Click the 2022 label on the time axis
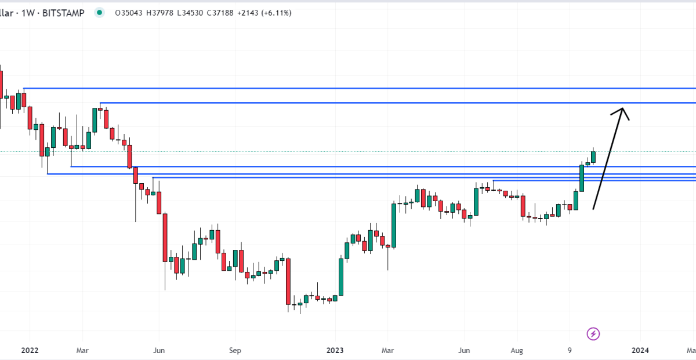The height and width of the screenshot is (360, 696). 30,350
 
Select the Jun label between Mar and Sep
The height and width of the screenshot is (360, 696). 159,350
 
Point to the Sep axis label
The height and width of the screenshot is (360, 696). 234,350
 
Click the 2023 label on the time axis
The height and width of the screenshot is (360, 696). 335,350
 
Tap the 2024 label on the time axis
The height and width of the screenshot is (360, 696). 640,350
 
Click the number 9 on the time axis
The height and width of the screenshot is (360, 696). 570,350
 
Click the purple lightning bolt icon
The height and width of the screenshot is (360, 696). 593,333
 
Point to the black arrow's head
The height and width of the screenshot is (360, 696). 622,110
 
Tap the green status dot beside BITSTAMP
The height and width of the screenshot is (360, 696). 100,12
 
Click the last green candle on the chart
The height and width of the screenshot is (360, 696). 593,157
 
